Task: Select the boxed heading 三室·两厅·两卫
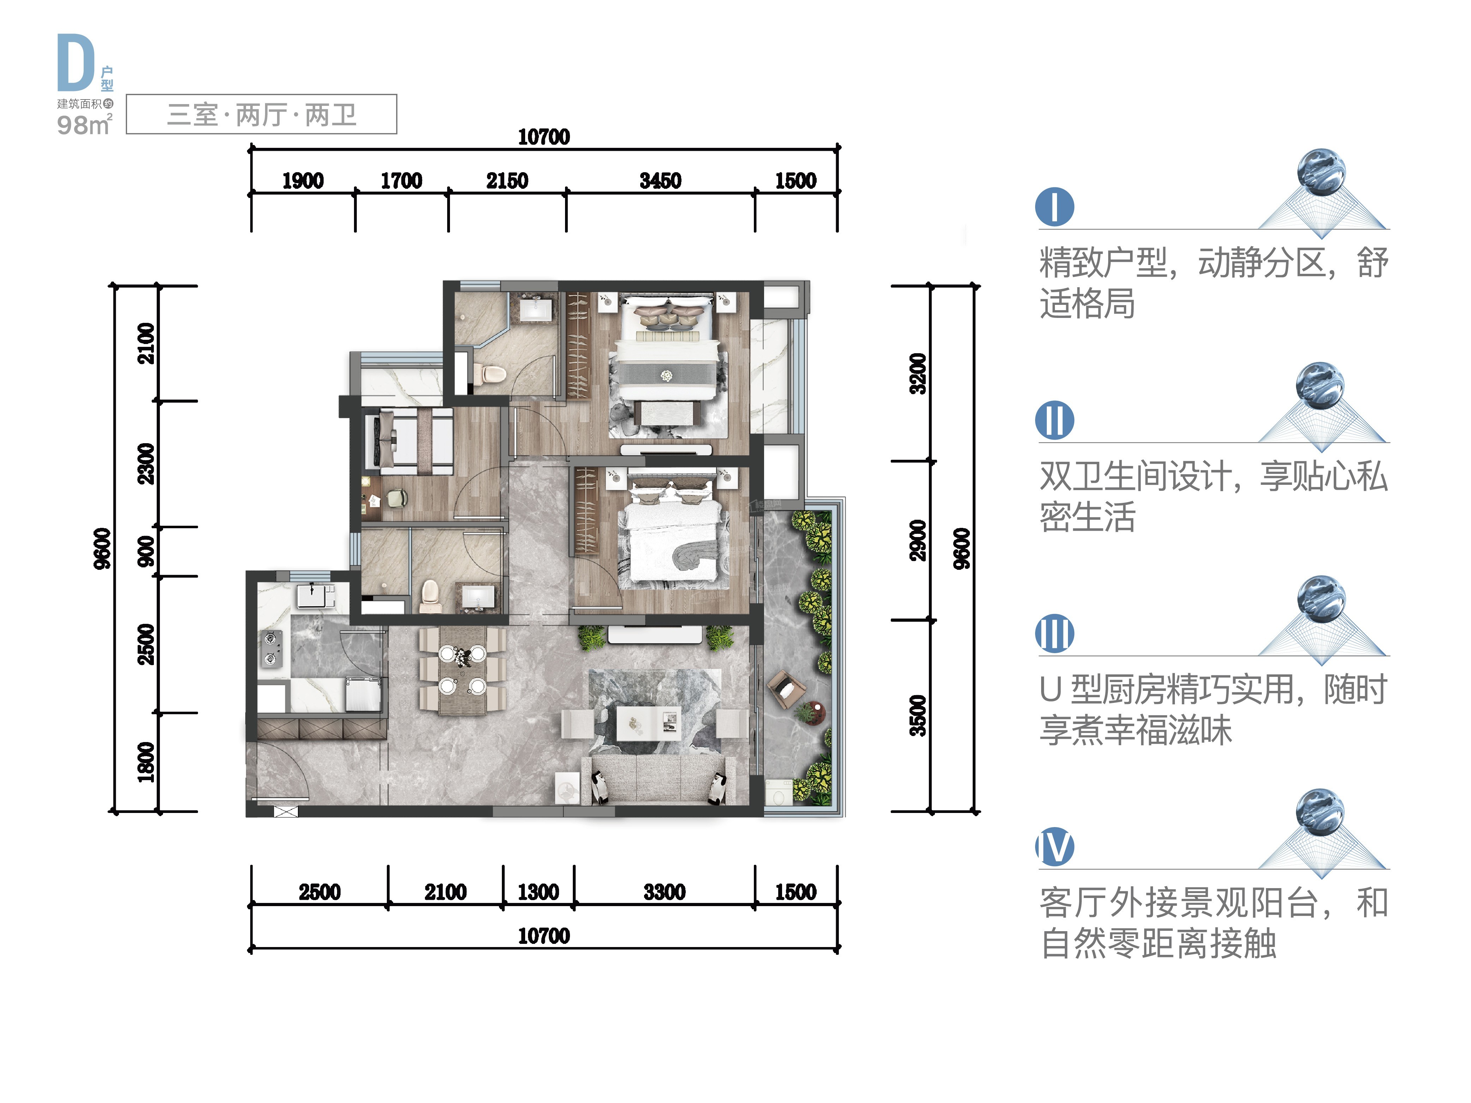(262, 114)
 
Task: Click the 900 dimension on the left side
(146, 551)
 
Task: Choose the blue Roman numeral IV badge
(1055, 846)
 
